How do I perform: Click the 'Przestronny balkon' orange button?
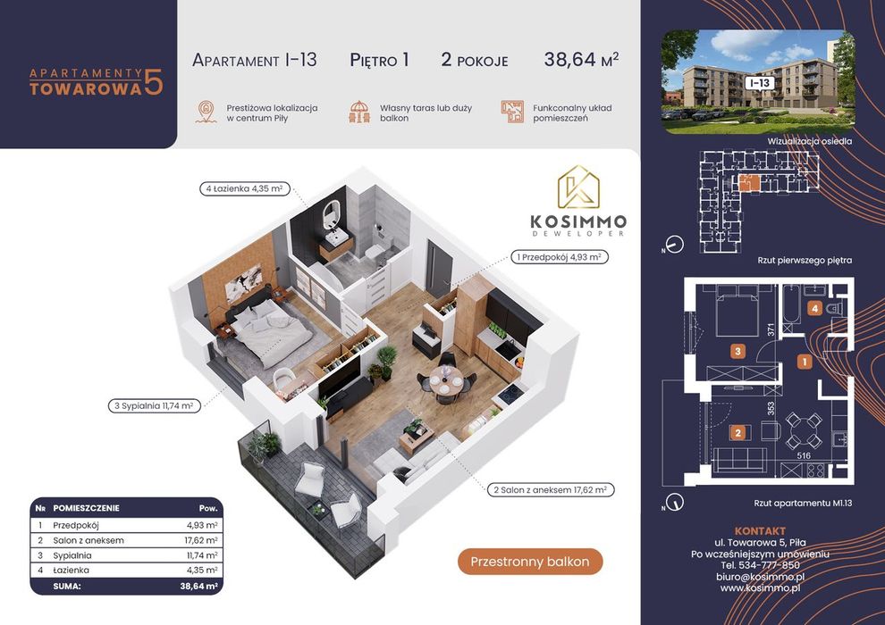(530, 562)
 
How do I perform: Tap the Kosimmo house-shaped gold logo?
(578, 187)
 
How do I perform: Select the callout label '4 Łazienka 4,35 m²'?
(245, 188)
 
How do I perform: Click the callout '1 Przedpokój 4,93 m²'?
(560, 257)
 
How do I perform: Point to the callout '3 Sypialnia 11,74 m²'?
(155, 405)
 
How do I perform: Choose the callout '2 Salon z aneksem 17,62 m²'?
(551, 490)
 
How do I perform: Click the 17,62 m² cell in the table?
(197, 540)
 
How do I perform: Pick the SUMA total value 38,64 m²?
(198, 586)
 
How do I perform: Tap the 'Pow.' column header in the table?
(208, 508)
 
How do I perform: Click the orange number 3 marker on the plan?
(737, 352)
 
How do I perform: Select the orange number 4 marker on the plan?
(814, 308)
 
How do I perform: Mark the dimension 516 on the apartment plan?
(803, 455)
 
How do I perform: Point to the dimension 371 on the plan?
(771, 329)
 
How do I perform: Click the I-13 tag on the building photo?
(760, 83)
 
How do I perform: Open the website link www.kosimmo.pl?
(760, 588)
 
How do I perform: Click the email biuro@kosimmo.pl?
(760, 577)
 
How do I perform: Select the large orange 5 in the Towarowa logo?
(154, 82)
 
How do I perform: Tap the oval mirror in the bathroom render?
(332, 214)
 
